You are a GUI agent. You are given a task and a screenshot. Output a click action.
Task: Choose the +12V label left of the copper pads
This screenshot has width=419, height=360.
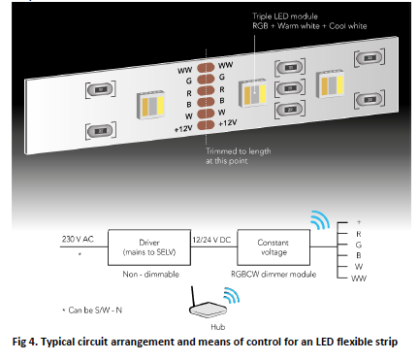(183, 126)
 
